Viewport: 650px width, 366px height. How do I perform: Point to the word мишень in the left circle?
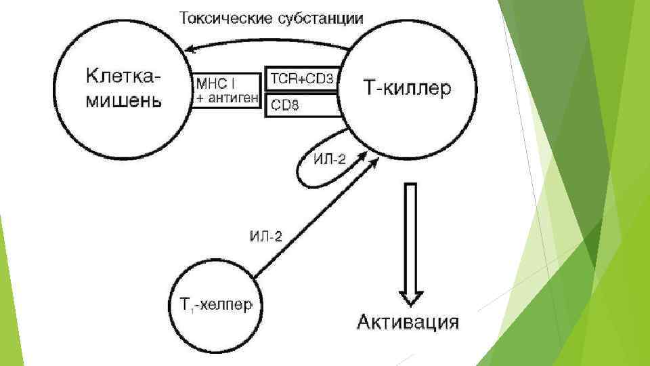(x=123, y=102)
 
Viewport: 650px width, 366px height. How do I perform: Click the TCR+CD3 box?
(x=301, y=79)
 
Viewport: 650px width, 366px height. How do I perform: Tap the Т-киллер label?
(x=406, y=89)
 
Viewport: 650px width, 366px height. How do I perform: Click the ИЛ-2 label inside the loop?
(x=330, y=160)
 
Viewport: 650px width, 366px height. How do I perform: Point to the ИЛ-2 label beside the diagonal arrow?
(x=266, y=236)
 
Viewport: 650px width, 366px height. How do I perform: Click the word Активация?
(x=408, y=321)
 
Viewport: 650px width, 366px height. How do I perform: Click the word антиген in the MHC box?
(x=234, y=99)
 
